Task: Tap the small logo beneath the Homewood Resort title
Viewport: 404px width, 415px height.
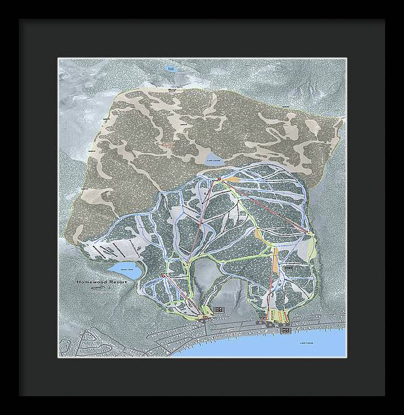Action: [102, 290]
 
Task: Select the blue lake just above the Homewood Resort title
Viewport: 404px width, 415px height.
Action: [126, 271]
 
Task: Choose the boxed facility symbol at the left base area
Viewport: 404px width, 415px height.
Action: [219, 309]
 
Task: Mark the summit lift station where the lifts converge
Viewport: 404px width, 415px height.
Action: [220, 178]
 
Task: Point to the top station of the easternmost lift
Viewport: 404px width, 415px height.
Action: [309, 233]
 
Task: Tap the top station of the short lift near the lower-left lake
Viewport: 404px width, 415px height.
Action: [163, 276]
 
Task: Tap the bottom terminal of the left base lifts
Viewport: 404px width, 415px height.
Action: [202, 315]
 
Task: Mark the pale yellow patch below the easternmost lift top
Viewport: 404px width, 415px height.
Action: [308, 249]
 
